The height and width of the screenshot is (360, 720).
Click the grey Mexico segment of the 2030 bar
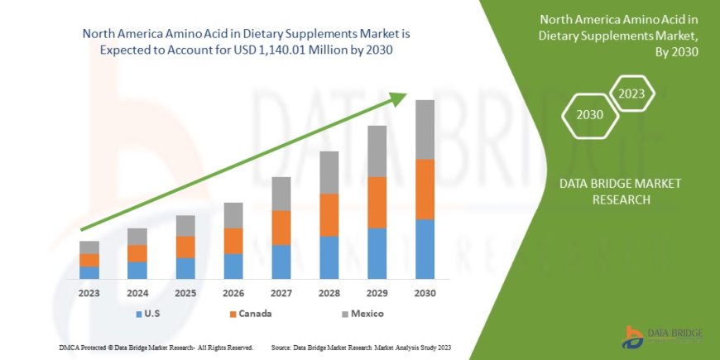click(425, 129)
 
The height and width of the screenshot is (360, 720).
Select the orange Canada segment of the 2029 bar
click(377, 202)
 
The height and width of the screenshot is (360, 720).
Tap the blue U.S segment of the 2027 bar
click(281, 261)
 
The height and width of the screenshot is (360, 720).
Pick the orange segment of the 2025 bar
click(185, 247)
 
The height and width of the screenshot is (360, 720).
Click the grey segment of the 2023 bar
click(89, 247)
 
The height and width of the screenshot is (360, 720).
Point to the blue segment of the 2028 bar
click(329, 257)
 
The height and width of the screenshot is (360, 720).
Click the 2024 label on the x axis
click(137, 293)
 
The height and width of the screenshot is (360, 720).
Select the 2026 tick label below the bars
click(233, 293)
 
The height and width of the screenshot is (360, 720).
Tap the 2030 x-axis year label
click(425, 293)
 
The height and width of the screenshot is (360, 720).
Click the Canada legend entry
click(249, 314)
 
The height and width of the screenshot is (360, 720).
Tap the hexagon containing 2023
click(633, 94)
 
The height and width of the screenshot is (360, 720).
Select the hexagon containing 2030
click(589, 115)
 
